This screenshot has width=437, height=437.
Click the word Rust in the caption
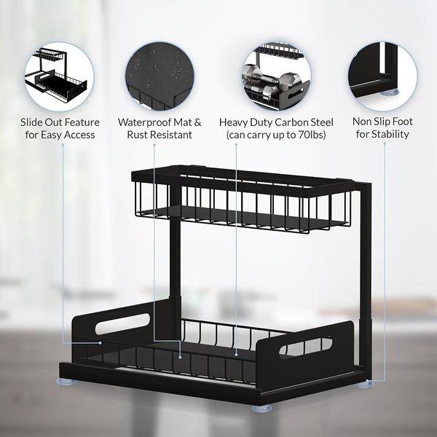(x=139, y=135)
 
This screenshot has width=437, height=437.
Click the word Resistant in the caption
(x=173, y=135)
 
